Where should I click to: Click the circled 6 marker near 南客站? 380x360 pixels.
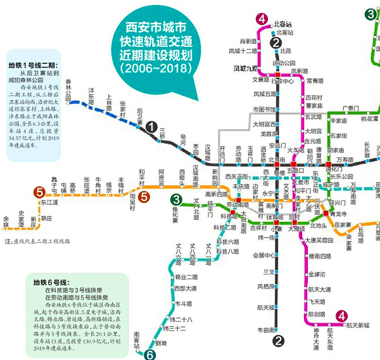click(149, 354)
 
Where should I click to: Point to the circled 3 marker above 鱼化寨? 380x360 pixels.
click(177, 200)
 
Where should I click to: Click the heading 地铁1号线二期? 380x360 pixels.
click(33, 65)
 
